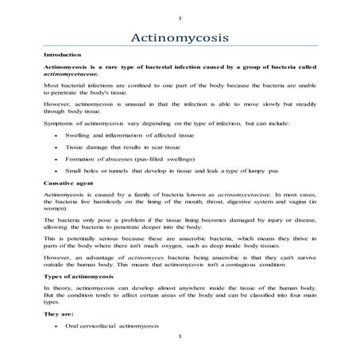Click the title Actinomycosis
(x=180, y=37)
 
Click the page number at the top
(x=180, y=17)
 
